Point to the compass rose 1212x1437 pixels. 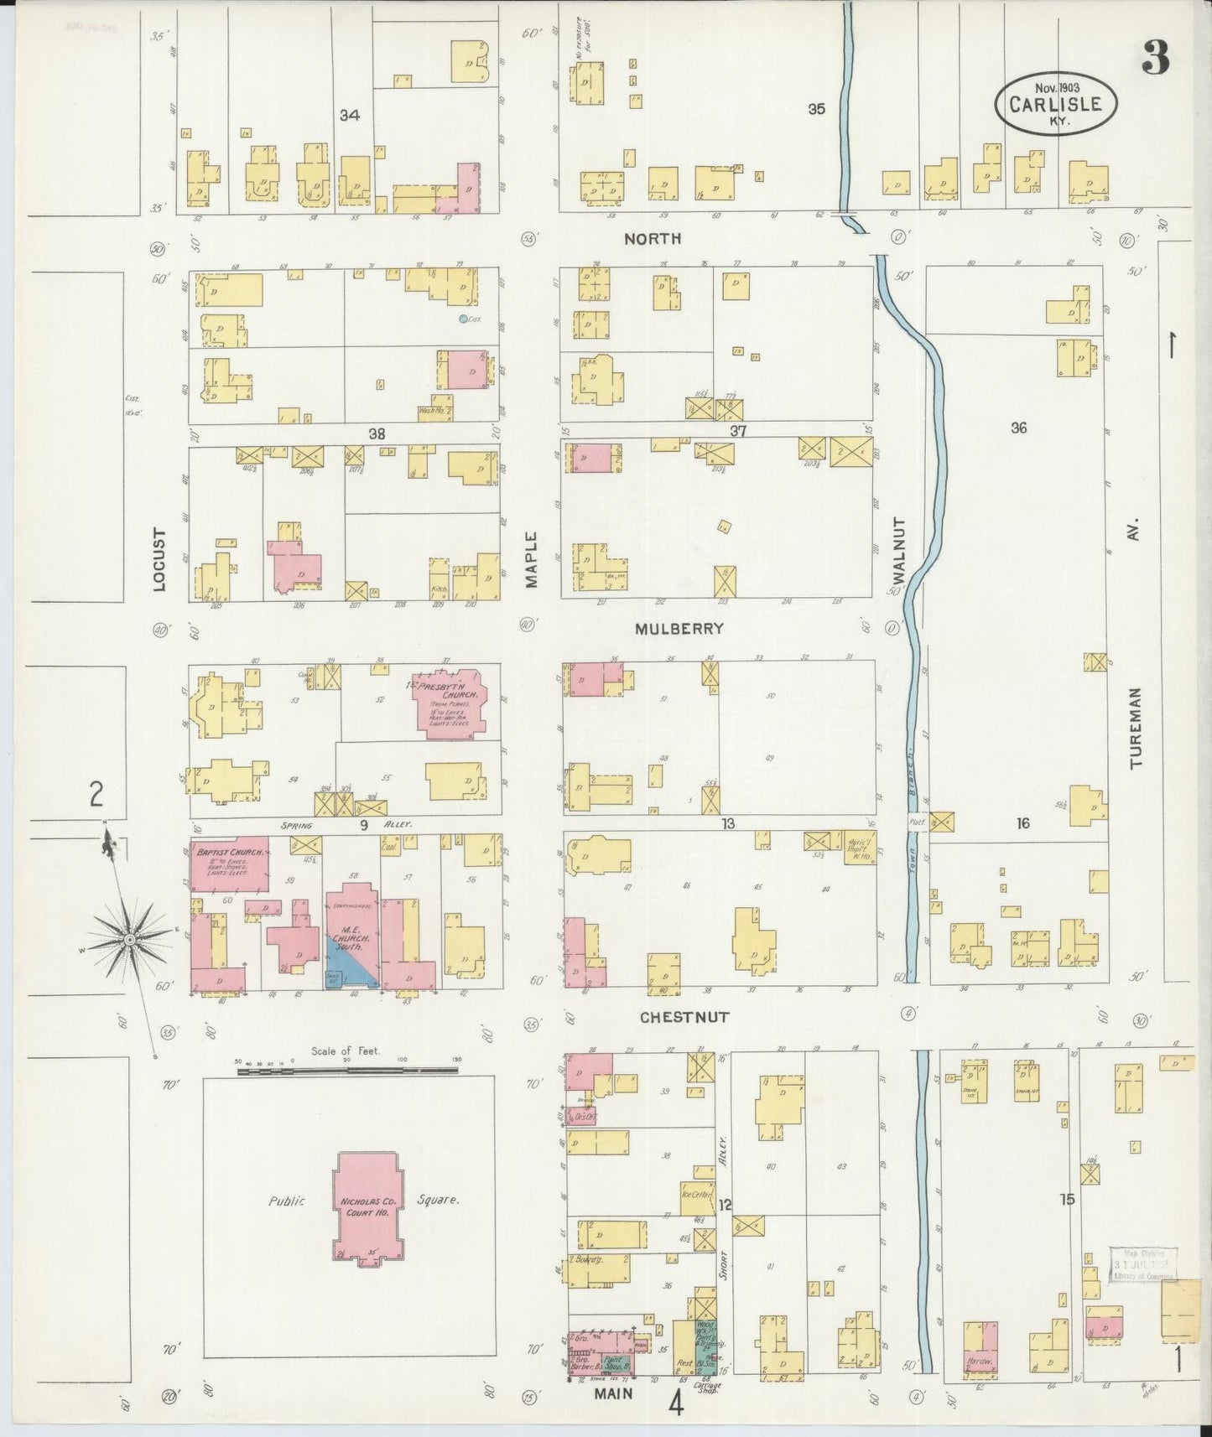[x=130, y=940]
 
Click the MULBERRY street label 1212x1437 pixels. [x=679, y=628]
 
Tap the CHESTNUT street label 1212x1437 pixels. [x=684, y=1017]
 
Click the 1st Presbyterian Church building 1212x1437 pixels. [x=450, y=703]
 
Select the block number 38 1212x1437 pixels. [x=377, y=434]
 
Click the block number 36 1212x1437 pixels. [x=1018, y=428]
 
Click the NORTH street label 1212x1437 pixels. [x=653, y=239]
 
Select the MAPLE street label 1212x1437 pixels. [x=531, y=559]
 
